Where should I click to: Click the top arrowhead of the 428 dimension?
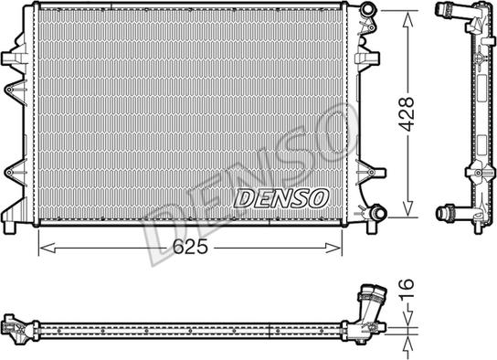[x=405, y=12]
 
